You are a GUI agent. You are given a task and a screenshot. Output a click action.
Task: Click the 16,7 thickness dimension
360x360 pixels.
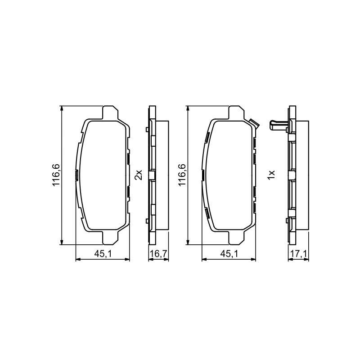[159, 253]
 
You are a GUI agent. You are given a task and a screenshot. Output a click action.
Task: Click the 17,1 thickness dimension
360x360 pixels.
[298, 253]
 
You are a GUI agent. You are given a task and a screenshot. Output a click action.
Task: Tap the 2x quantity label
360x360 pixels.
[139, 175]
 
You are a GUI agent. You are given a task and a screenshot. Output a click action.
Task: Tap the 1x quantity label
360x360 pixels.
[271, 175]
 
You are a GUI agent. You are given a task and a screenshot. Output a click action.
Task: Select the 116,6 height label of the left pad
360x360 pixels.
[56, 175]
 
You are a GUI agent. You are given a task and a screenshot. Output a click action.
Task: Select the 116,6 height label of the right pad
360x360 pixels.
[182, 175]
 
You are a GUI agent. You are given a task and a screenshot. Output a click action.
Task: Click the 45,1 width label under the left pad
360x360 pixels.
[103, 253]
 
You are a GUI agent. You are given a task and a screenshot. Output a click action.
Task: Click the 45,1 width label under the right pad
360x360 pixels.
[229, 253]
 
